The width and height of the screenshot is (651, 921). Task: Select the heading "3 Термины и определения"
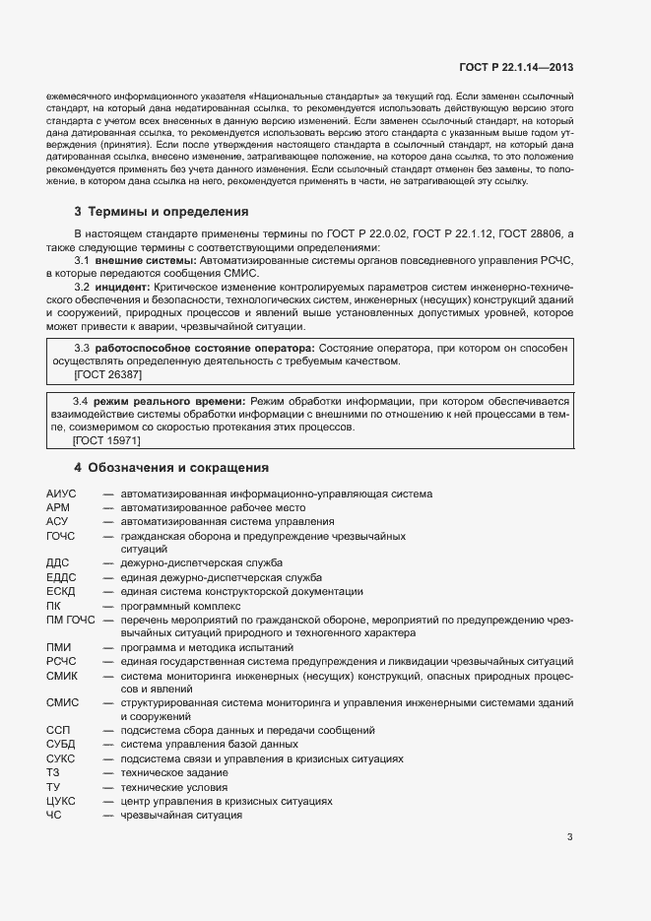pos(162,212)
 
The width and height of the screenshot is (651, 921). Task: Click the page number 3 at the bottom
pos(569,838)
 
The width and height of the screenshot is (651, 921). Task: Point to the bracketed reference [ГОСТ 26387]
pos(109,375)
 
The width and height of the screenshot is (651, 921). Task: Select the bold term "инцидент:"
pos(122,286)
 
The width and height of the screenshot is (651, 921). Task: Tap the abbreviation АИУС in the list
pos(61,493)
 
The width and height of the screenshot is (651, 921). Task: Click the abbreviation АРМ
pos(58,507)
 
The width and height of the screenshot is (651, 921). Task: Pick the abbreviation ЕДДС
pos(61,577)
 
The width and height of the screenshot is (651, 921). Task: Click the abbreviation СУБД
pos(61,746)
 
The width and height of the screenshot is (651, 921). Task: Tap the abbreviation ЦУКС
pos(61,802)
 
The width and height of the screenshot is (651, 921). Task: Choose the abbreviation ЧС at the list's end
pos(53,816)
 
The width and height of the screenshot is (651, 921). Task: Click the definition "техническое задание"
pos(168,774)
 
